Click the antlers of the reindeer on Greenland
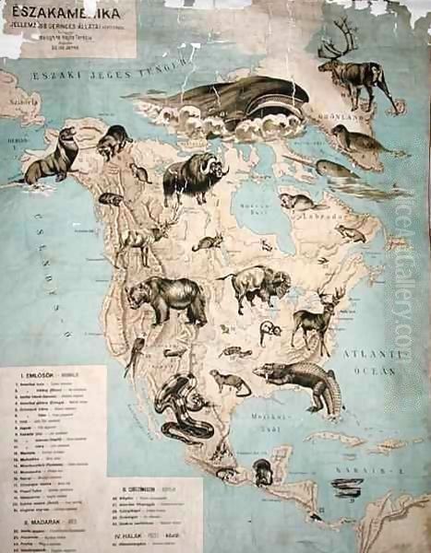pos(336,44)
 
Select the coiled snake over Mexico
pos(180,406)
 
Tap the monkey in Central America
pos(262,472)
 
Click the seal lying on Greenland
pos(355,140)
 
